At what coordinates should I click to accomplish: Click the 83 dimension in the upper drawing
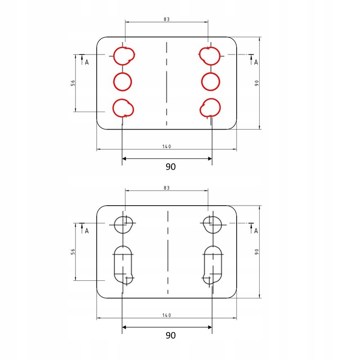[167, 19]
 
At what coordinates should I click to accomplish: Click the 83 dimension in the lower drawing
[167, 188]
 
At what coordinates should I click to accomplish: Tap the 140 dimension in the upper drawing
[167, 147]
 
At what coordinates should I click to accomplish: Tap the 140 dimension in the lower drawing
[167, 315]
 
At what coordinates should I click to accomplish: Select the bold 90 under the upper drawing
[170, 166]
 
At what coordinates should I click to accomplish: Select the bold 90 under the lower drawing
[170, 335]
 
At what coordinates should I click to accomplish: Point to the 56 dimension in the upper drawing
[72, 83]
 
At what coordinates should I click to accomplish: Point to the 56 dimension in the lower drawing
[72, 252]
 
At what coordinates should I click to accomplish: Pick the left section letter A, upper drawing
[87, 62]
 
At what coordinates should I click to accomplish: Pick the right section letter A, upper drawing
[256, 62]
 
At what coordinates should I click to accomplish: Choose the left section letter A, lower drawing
[87, 231]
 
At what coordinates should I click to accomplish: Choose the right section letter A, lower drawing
[256, 231]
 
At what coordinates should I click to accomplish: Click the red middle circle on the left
[122, 81]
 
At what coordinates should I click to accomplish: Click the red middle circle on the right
[211, 81]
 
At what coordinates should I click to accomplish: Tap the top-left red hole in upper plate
[123, 55]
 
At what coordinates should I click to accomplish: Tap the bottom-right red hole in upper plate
[210, 108]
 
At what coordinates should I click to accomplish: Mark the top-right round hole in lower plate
[211, 224]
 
